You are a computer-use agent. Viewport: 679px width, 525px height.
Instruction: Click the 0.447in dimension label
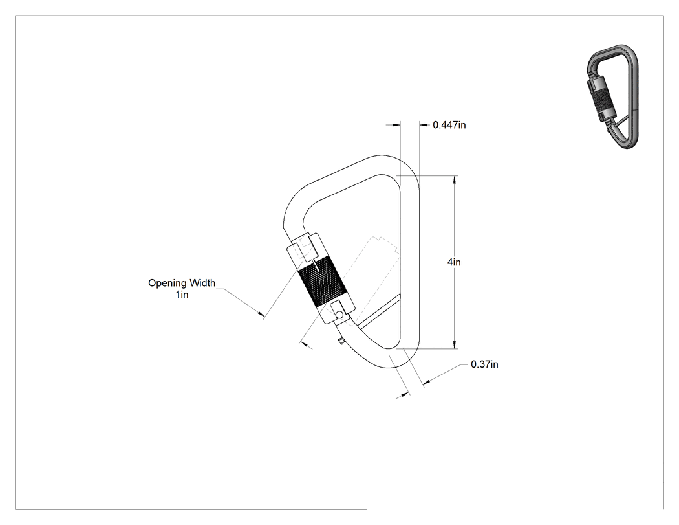coord(449,125)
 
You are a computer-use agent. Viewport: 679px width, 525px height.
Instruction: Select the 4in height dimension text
coord(454,262)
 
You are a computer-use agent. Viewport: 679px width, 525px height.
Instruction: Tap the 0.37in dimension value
coord(484,364)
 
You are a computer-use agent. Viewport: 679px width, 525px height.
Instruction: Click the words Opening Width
coord(182,283)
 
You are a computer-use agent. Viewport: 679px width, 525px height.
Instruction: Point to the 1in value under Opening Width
coord(182,295)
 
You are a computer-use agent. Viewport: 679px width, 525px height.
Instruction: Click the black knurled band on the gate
coord(322,282)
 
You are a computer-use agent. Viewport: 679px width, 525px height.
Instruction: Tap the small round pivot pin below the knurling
coord(340,314)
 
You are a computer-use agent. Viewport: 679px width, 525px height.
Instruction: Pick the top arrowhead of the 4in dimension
coord(454,179)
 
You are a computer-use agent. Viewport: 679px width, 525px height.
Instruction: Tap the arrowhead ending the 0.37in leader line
coord(427,382)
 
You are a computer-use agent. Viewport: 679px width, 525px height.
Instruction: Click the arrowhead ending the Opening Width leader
coord(261,314)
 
